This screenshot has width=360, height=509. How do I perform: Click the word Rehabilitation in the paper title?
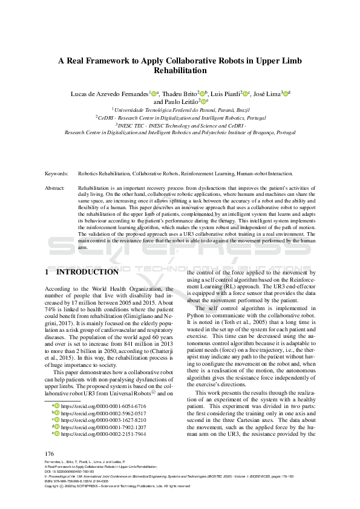[180, 70]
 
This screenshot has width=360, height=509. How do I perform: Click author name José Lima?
[267, 94]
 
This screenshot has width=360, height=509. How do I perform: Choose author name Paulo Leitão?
[176, 103]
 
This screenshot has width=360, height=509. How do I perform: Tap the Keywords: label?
[56, 173]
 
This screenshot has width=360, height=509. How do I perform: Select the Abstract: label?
[55, 189]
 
